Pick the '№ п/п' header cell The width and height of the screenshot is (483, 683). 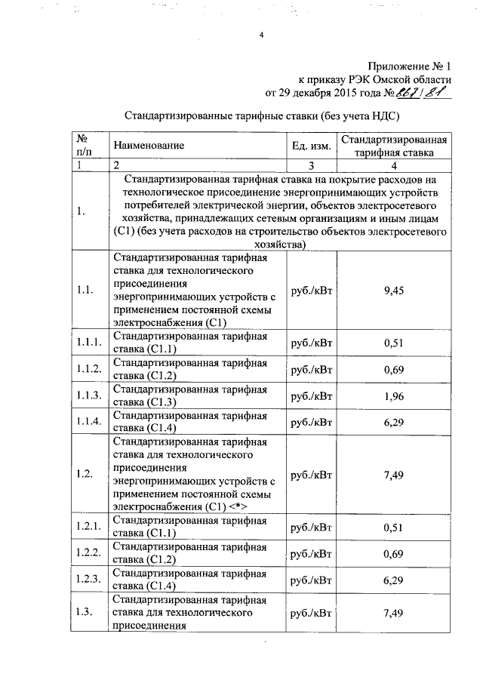(x=83, y=145)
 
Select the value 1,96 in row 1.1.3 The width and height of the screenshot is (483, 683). (x=391, y=395)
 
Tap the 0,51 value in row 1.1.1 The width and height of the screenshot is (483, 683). (x=391, y=343)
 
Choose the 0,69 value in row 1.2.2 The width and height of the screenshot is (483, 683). (x=391, y=554)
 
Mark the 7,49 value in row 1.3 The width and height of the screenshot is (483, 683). (x=391, y=613)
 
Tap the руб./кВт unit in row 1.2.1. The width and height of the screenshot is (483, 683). (x=311, y=528)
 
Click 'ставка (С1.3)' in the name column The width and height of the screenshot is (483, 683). (x=144, y=401)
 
